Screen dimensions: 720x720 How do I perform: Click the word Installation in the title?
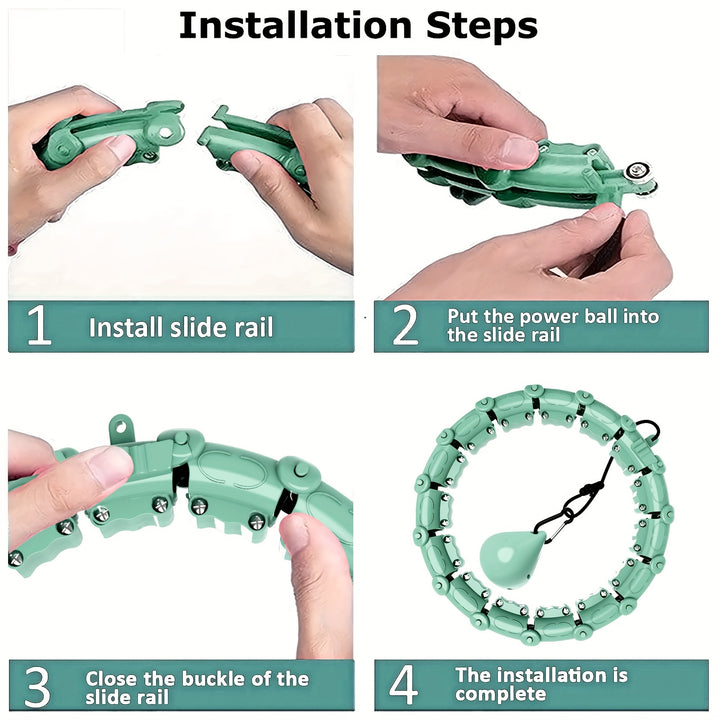tap(295, 26)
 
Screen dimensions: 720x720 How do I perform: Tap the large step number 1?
tap(39, 326)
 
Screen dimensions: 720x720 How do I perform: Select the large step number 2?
tap(405, 326)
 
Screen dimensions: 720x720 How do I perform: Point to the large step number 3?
tap(37, 686)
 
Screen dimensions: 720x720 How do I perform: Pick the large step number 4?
tap(404, 685)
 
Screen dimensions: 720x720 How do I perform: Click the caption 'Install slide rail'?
tap(181, 327)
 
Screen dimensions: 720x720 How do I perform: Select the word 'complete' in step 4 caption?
tap(501, 694)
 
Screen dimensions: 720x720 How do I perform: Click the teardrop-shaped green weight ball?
tap(511, 559)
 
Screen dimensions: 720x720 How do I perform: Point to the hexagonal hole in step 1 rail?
tap(166, 133)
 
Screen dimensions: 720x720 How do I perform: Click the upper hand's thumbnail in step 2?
tap(518, 152)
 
